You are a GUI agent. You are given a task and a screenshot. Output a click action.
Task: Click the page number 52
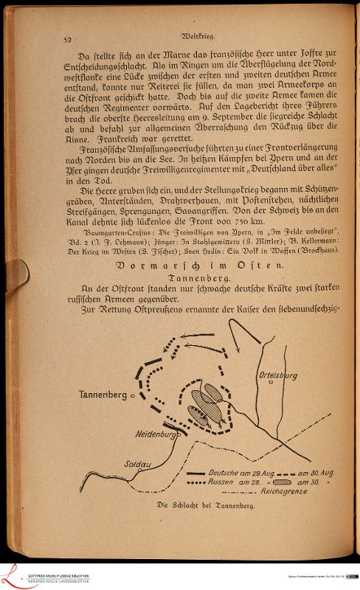click(x=67, y=40)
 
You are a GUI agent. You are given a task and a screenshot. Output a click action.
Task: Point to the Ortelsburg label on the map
click(x=278, y=375)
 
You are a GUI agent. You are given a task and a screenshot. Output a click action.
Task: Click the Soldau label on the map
click(x=139, y=465)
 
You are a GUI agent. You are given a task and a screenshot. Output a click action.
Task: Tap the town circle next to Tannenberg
click(x=133, y=396)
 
